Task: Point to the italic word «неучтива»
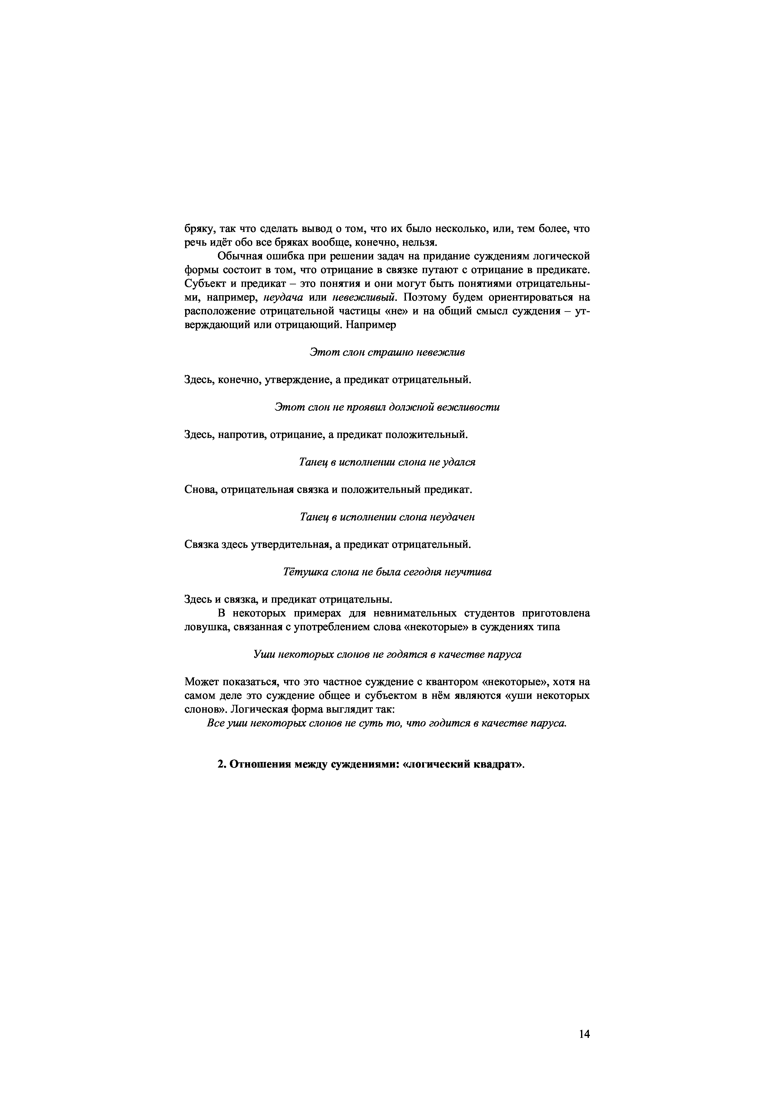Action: (x=467, y=572)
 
